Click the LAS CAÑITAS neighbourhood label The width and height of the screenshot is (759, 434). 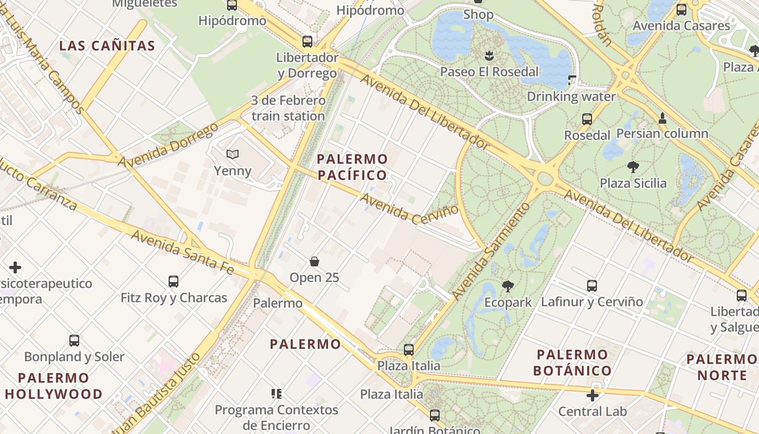tap(107, 46)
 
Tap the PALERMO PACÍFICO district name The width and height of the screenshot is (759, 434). tap(352, 167)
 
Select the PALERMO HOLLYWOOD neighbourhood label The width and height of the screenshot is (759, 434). tap(54, 386)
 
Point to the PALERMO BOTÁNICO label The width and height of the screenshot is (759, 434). tap(572, 363)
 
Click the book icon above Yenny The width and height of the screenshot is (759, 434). tap(233, 155)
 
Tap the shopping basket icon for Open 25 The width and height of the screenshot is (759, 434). tap(314, 262)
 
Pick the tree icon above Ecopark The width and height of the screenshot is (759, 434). tap(508, 286)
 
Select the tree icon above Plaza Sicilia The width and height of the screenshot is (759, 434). tap(633, 167)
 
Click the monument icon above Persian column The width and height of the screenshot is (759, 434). tap(662, 117)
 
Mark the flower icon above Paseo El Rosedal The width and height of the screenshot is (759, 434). tap(489, 55)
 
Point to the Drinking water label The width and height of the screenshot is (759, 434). tap(571, 97)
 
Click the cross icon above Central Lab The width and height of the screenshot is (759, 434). tap(593, 395)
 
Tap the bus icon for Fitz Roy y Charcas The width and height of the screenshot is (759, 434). tap(173, 281)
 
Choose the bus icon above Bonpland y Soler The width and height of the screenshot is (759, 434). tap(74, 341)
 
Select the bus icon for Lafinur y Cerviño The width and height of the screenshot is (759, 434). tap(592, 285)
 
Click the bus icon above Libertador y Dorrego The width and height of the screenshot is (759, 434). tap(307, 41)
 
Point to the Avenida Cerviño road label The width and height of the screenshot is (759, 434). tap(409, 209)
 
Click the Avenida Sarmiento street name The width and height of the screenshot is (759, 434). tap(491, 251)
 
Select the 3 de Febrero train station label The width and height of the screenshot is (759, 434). tap(288, 108)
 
